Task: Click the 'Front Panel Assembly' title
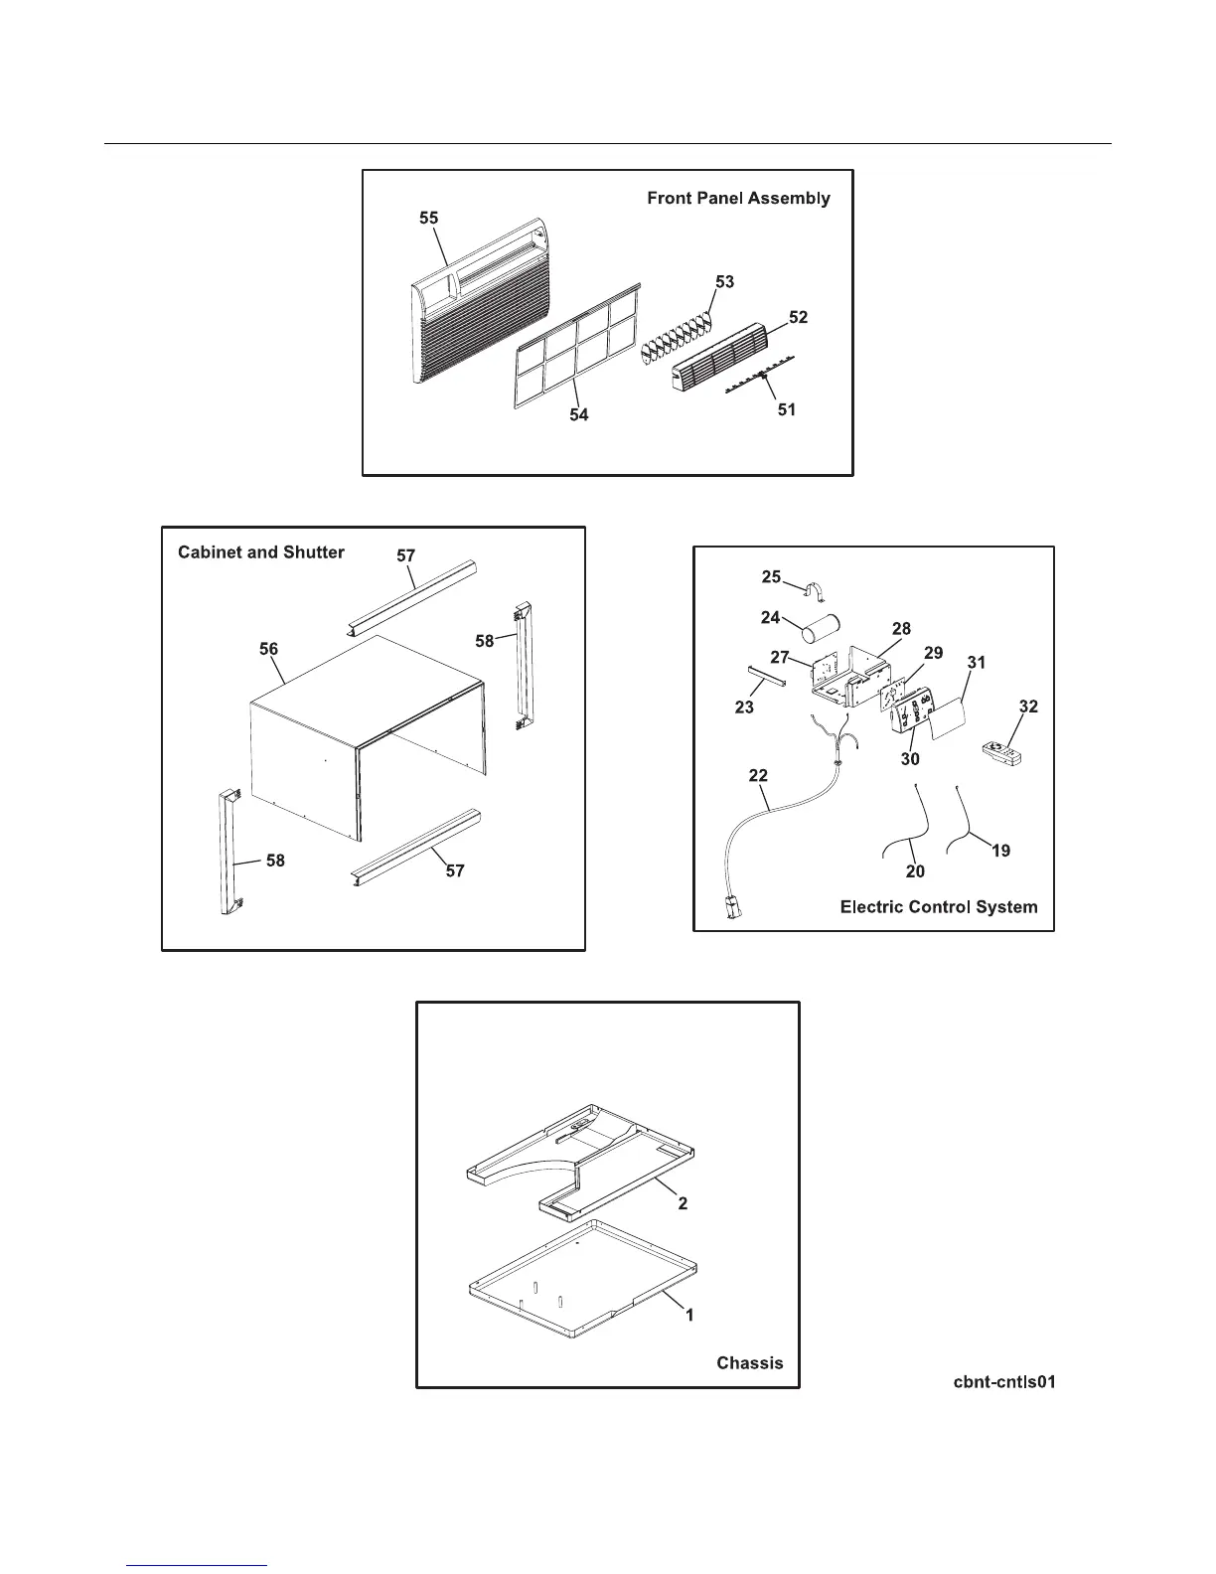point(738,198)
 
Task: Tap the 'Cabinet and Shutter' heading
point(261,552)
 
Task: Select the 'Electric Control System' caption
point(938,906)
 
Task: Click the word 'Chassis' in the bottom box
point(749,1362)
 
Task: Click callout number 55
point(428,219)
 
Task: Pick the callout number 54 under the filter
point(578,415)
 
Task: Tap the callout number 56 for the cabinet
point(268,649)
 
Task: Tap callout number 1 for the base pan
point(689,1315)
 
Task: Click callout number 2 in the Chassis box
point(683,1203)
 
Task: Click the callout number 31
point(976,663)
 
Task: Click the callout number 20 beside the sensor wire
point(915,871)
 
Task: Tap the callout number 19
point(1001,851)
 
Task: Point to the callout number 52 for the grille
point(798,317)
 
